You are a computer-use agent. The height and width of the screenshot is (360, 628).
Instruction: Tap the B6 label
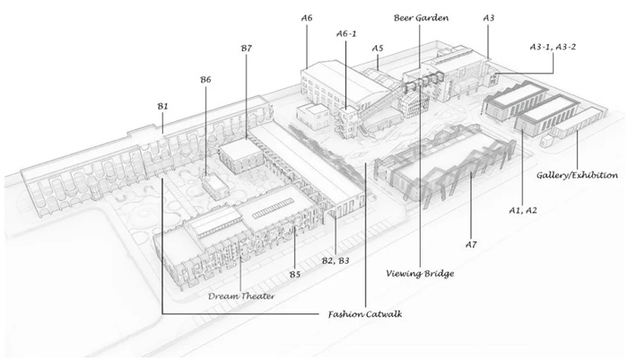point(205,80)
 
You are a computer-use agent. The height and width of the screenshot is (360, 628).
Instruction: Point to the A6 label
point(307,17)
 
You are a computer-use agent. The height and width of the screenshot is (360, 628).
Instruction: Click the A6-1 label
point(347,33)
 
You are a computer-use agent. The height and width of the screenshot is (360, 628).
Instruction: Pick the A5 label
point(378,48)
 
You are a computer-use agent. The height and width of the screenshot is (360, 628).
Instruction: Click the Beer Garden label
point(421,17)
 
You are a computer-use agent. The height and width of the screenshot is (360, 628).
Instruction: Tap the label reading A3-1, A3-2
point(553,43)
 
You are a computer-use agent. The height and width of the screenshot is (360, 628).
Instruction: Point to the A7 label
point(473,243)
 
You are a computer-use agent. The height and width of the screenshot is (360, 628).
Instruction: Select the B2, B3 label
point(336,261)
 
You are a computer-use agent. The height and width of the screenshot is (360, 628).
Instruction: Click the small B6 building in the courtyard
point(214,186)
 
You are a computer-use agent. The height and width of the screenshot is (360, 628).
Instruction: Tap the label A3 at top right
point(489,17)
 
